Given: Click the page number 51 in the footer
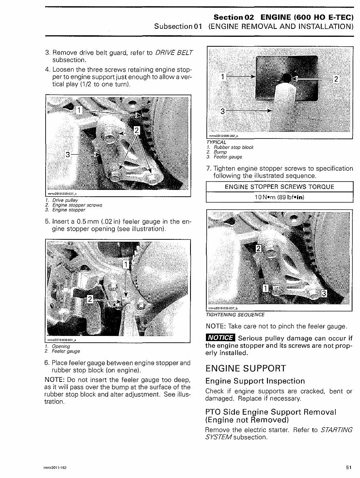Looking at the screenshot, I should (349, 467).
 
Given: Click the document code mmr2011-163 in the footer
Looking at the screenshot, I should (55, 468).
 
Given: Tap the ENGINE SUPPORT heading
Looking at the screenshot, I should (246, 368).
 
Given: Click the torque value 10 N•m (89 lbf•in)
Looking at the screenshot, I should (279, 197).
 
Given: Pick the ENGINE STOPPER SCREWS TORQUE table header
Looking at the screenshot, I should (279, 187).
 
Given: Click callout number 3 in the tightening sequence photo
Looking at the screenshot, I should (323, 293).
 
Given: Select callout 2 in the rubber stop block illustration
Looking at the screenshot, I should (336, 79).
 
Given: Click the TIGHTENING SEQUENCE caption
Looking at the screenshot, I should (235, 315).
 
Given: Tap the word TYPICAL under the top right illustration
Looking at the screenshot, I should (216, 142).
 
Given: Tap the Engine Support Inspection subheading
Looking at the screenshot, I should (255, 381).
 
